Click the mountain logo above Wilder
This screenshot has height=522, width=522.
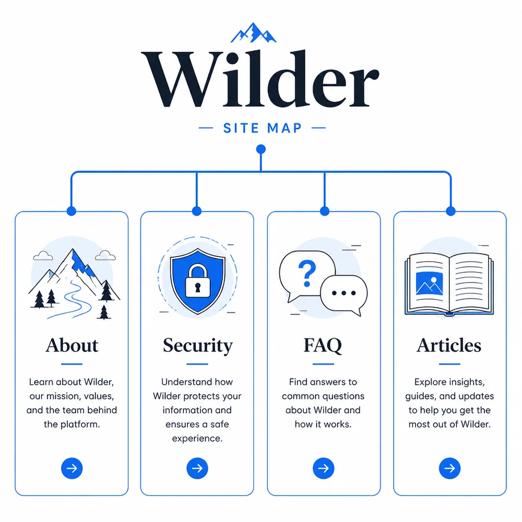253,32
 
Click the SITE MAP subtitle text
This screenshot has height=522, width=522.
263,128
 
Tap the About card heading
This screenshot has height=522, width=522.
72,345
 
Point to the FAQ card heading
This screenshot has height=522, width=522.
323,346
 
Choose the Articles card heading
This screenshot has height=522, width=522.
449,345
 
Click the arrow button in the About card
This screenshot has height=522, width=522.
72,468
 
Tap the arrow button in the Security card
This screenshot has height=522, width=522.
197,468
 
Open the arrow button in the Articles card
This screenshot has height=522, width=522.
450,468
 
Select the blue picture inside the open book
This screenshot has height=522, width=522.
430,283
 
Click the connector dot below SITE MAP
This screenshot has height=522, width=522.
261,149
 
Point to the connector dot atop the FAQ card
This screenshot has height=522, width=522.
325,211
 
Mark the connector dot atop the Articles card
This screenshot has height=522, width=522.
451,211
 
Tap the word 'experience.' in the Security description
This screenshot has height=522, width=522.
197,438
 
